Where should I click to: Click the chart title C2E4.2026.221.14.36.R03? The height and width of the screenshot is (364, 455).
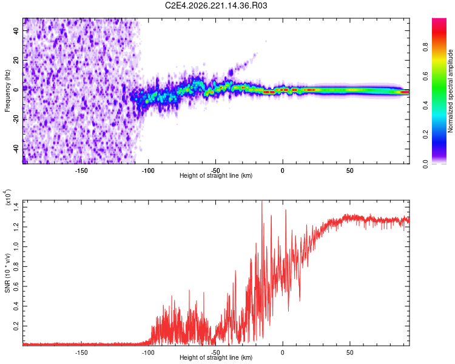[216, 5]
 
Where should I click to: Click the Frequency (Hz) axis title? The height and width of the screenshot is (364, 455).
[7, 91]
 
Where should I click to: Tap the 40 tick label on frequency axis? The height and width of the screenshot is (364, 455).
[16, 31]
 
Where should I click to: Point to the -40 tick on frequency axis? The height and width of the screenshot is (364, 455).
[16, 149]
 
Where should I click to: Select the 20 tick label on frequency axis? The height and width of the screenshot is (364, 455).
[16, 61]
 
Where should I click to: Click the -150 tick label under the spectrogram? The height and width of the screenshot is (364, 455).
[81, 170]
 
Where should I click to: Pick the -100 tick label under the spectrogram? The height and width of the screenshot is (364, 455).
[148, 170]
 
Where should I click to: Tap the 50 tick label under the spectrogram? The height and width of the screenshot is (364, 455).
[350, 170]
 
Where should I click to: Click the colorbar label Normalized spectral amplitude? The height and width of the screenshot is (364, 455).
[450, 91]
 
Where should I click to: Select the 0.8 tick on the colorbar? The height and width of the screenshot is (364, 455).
[425, 47]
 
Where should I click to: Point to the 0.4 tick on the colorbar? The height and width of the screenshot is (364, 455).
[425, 106]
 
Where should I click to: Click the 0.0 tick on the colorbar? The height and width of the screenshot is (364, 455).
[425, 164]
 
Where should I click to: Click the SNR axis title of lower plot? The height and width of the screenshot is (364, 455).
[7, 273]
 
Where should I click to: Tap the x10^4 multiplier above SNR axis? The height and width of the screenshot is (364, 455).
[8, 197]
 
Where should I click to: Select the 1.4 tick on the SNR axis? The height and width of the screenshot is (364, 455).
[16, 207]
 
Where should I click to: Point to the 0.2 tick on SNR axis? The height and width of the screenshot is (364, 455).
[16, 326]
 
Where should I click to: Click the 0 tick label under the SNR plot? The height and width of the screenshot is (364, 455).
[283, 352]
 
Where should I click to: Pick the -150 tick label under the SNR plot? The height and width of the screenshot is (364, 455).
[81, 352]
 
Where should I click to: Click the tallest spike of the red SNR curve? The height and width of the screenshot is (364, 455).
[262, 201]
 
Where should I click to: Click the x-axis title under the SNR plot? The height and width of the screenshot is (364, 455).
[216, 357]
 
